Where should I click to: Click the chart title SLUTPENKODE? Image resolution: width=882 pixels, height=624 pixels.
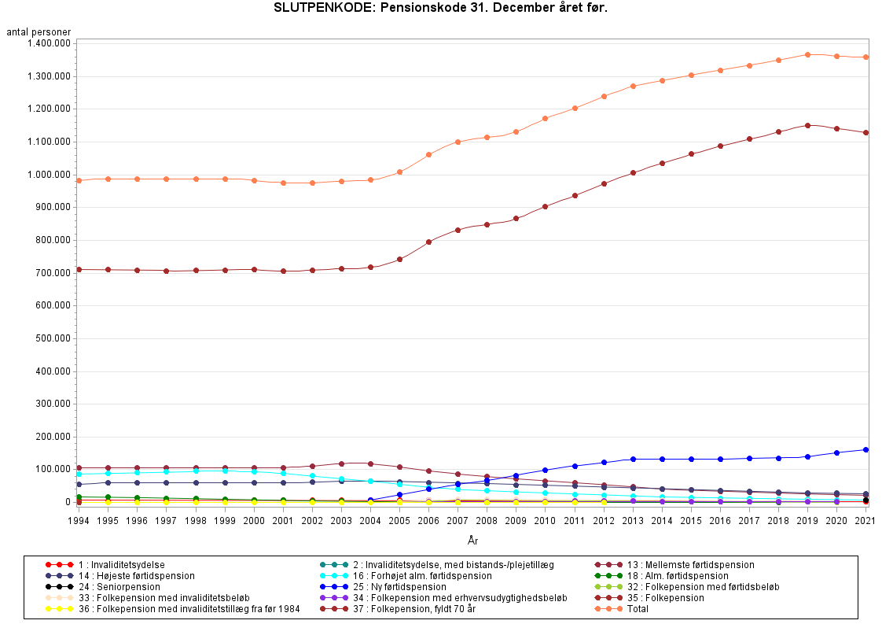[440, 9]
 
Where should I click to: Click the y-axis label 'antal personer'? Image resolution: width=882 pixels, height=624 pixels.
[39, 32]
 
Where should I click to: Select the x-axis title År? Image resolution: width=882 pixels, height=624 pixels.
[472, 540]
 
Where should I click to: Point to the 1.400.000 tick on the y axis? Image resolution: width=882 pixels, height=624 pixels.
[49, 43]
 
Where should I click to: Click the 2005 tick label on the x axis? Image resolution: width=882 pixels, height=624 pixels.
[400, 521]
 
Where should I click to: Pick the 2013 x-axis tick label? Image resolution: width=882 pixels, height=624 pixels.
[633, 521]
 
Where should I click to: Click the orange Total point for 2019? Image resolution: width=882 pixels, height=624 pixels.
[807, 54]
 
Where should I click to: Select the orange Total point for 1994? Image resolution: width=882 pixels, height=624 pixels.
[79, 180]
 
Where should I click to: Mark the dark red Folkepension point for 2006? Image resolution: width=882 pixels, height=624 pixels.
[429, 242]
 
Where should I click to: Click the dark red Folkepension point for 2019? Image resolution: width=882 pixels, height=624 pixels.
[807, 125]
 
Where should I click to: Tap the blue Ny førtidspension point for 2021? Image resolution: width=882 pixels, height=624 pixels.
[865, 449]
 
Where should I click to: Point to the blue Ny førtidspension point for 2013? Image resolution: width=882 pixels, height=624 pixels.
[633, 459]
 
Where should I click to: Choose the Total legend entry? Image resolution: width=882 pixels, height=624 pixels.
[638, 609]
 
